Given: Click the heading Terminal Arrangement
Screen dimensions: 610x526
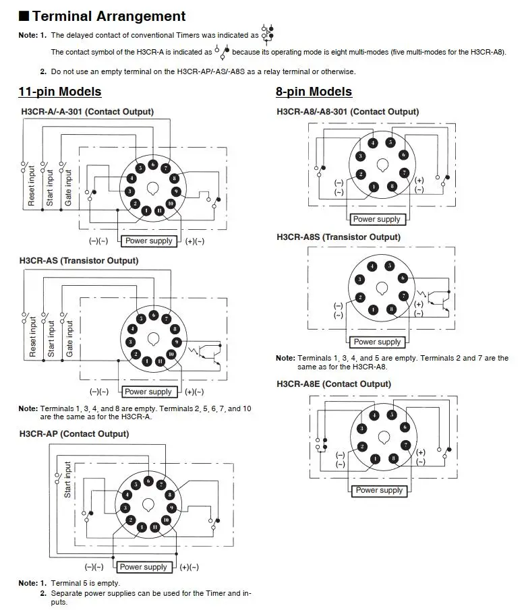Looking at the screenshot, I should tap(109, 16).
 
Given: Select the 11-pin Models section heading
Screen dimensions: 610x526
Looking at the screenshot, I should tap(60, 92).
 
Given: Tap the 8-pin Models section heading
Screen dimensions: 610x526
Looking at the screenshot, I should tap(314, 92).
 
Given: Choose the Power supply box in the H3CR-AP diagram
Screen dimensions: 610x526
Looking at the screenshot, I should tap(142, 567).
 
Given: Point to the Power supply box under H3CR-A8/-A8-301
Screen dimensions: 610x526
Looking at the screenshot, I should tap(376, 219).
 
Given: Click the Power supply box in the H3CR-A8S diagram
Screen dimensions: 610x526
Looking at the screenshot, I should tap(377, 342).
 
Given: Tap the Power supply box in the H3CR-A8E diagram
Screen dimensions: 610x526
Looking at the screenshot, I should tap(379, 490).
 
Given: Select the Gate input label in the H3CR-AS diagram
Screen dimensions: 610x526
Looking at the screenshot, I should tap(69, 338).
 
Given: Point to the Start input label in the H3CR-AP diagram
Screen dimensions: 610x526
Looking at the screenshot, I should tap(67, 480).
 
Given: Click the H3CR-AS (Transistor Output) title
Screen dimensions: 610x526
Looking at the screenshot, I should tap(79, 261).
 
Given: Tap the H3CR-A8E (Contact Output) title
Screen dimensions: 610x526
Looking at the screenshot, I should tap(333, 384).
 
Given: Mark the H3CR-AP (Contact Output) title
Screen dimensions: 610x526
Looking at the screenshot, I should tap(74, 434).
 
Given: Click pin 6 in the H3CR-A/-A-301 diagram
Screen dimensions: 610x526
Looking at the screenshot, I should tap(153, 164).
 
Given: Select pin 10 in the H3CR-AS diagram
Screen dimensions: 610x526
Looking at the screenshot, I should tap(171, 354).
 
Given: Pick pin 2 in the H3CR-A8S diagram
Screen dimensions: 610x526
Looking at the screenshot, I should tap(361, 297).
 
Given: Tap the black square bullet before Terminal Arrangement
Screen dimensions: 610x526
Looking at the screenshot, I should tap(24, 16).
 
